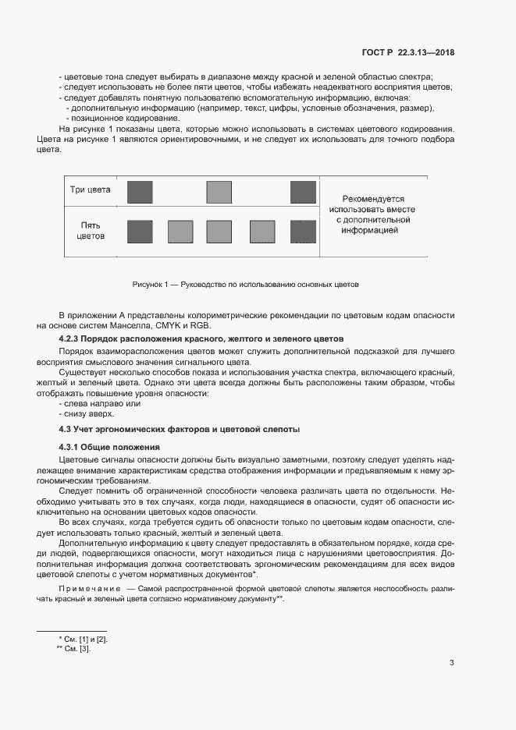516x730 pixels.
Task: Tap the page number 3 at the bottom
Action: [x=451, y=664]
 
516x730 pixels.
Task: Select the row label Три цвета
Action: [x=91, y=190]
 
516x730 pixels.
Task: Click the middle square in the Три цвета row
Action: [x=219, y=192]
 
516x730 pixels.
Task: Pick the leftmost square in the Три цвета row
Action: [x=140, y=192]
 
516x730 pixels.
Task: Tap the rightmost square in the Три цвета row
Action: [x=301, y=192]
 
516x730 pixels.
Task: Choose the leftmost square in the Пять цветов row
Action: [x=140, y=232]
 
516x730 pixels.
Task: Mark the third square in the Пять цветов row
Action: [x=219, y=232]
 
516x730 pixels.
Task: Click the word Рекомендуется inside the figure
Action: [x=372, y=199]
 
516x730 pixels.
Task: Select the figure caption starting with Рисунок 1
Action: [x=245, y=285]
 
